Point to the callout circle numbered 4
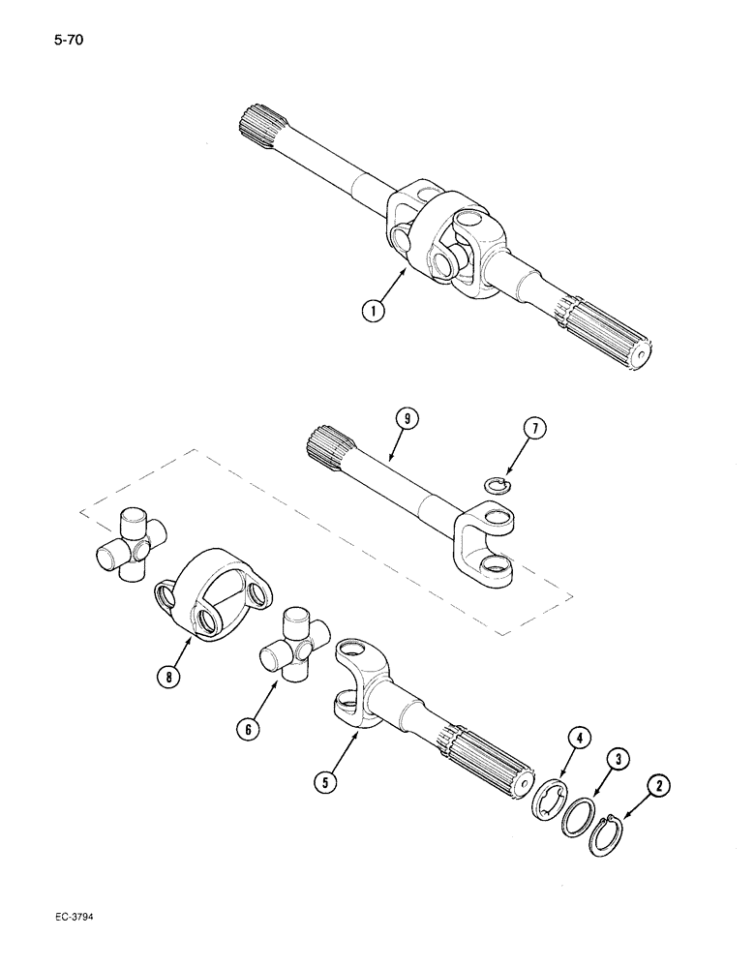[577, 739]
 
